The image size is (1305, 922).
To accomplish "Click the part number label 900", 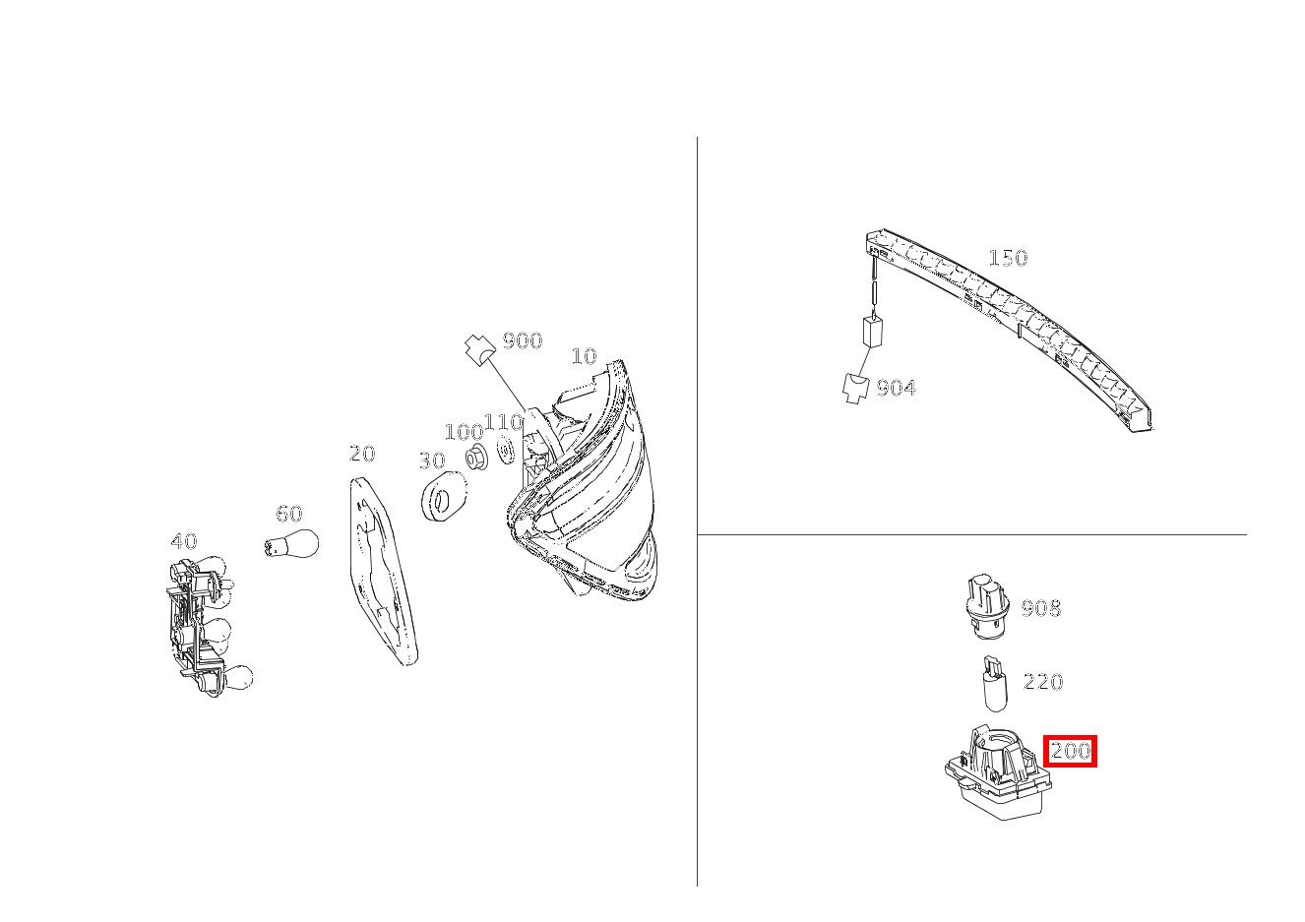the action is [523, 340].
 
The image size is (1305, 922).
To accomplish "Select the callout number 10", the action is [584, 356].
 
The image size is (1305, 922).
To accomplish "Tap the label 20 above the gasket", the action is [362, 454].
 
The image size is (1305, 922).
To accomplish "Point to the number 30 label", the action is [432, 461].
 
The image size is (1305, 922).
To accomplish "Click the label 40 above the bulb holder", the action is [184, 541].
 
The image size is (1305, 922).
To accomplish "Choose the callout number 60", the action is [289, 514].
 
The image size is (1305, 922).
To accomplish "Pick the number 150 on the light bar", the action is [1008, 258].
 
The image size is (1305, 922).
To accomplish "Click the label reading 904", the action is [896, 388].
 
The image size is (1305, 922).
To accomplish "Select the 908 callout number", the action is [1041, 609].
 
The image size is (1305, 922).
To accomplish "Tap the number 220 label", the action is [1043, 682].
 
